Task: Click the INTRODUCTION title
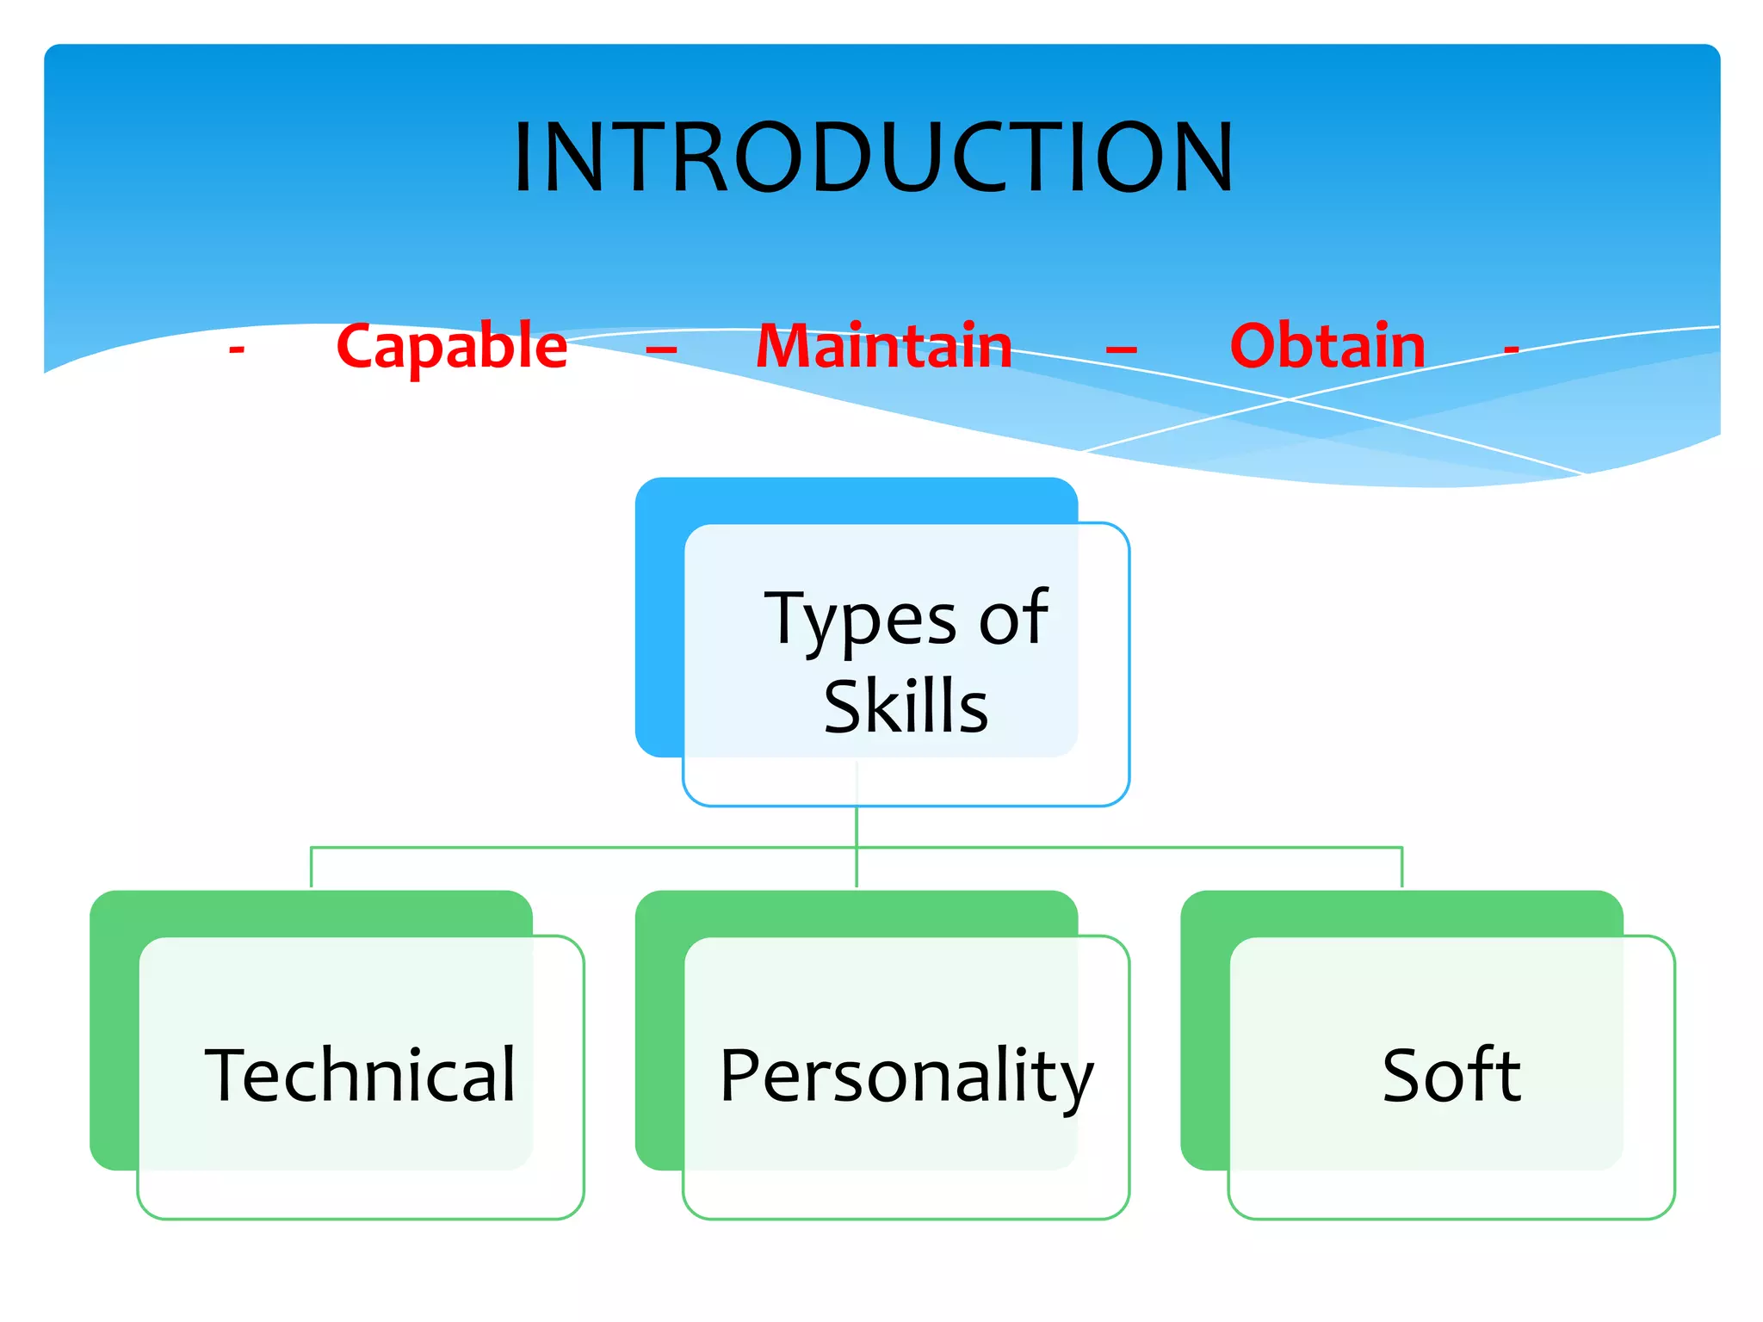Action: (x=873, y=157)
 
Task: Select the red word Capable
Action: (x=452, y=347)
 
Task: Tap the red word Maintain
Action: (x=884, y=346)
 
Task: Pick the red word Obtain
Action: (x=1327, y=346)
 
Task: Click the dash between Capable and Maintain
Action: (x=661, y=349)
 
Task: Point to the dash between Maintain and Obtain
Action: (x=1121, y=349)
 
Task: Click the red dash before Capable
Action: (x=237, y=349)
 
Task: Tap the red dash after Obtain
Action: (x=1511, y=349)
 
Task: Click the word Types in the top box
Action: (x=860, y=620)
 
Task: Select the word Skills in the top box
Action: (x=906, y=707)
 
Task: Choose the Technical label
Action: (x=360, y=1075)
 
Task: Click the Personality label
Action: (x=906, y=1076)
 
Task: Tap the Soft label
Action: (x=1451, y=1075)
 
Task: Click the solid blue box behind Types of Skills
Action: (x=659, y=620)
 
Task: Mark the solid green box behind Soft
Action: (x=1204, y=1033)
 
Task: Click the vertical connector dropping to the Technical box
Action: (x=311, y=868)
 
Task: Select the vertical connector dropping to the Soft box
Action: (x=1401, y=868)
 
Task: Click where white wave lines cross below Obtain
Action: (x=1289, y=398)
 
